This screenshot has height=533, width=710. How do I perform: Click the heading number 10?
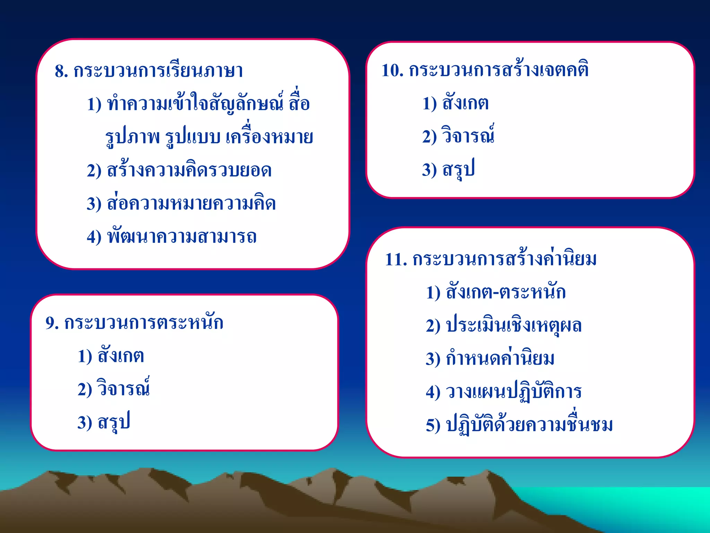point(392,70)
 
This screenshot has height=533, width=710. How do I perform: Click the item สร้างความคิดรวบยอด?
point(189,170)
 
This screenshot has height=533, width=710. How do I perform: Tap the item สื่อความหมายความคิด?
point(191,204)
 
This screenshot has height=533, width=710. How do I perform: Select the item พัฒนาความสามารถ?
point(182,237)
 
